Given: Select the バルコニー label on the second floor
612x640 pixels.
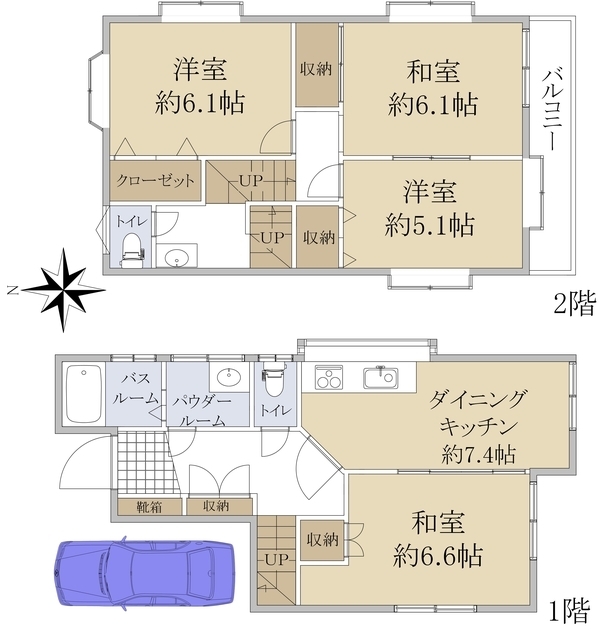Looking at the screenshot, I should (x=549, y=110).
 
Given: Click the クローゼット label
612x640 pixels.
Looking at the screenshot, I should (x=155, y=181).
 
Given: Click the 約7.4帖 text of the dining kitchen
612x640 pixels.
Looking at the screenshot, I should (x=478, y=455).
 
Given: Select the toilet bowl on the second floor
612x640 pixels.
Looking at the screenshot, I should (x=129, y=246).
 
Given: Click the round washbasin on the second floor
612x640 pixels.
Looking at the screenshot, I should (x=178, y=257).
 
